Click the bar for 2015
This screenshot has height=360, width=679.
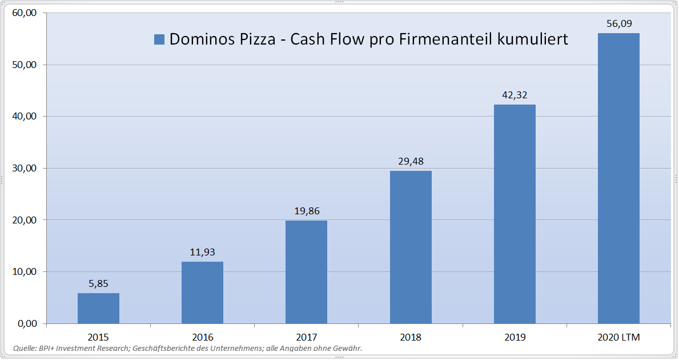coord(98,308)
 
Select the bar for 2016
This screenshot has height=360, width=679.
coord(202,293)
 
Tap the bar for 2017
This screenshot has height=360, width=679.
coord(306,272)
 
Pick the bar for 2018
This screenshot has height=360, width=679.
coord(411,247)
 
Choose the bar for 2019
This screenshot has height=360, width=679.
coord(515,214)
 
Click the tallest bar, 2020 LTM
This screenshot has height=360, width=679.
coord(618,178)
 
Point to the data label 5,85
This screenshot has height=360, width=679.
coord(98,283)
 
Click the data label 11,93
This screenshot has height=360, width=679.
coord(202,252)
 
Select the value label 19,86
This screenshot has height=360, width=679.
coord(306,211)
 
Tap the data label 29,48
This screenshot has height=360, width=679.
coord(411,161)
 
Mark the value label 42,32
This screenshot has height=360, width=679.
coord(515,95)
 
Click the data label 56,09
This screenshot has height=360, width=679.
coord(618,24)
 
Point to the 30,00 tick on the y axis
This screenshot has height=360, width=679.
coord(23,169)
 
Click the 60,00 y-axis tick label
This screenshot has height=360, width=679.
coord(23,13)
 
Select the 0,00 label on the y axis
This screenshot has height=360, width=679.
coord(26,324)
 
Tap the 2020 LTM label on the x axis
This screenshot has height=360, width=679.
coord(618,337)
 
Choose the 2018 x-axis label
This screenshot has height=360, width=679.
coord(411,337)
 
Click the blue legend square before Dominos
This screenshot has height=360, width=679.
coord(159,39)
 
